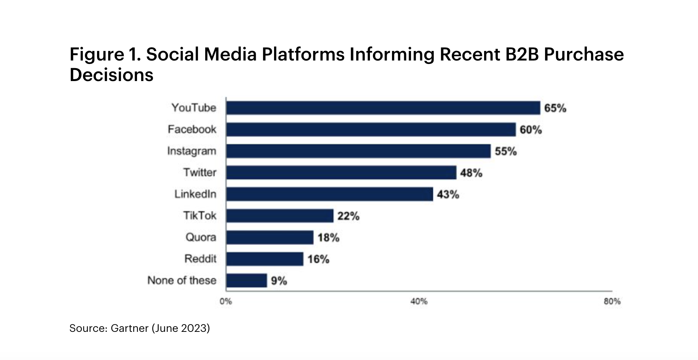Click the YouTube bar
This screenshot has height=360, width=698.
pos(383,108)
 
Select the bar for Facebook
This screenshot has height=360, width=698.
pos(371,129)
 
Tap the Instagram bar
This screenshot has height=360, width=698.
pos(358,151)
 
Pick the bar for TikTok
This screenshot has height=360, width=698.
pos(280,216)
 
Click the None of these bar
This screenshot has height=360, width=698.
pos(247,280)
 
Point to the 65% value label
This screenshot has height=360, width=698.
pos(555,108)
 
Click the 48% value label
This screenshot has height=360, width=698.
pos(471,173)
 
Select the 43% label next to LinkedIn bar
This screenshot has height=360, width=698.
pos(448,194)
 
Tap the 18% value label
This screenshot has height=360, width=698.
pos(328,237)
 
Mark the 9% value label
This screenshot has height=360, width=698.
pos(279,281)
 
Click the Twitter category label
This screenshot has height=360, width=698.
pos(200,172)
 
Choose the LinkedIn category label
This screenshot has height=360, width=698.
pos(195,194)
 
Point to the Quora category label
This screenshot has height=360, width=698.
pos(201,237)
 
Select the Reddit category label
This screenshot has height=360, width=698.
pos(200,259)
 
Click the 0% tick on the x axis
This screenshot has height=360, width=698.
pos(226,301)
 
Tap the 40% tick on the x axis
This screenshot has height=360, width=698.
pos(419,301)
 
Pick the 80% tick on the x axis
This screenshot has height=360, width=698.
pos(612,301)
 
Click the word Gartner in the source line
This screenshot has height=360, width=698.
pos(129,328)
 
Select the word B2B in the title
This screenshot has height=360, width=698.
pos(522,54)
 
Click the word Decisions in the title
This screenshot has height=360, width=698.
pos(111,75)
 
